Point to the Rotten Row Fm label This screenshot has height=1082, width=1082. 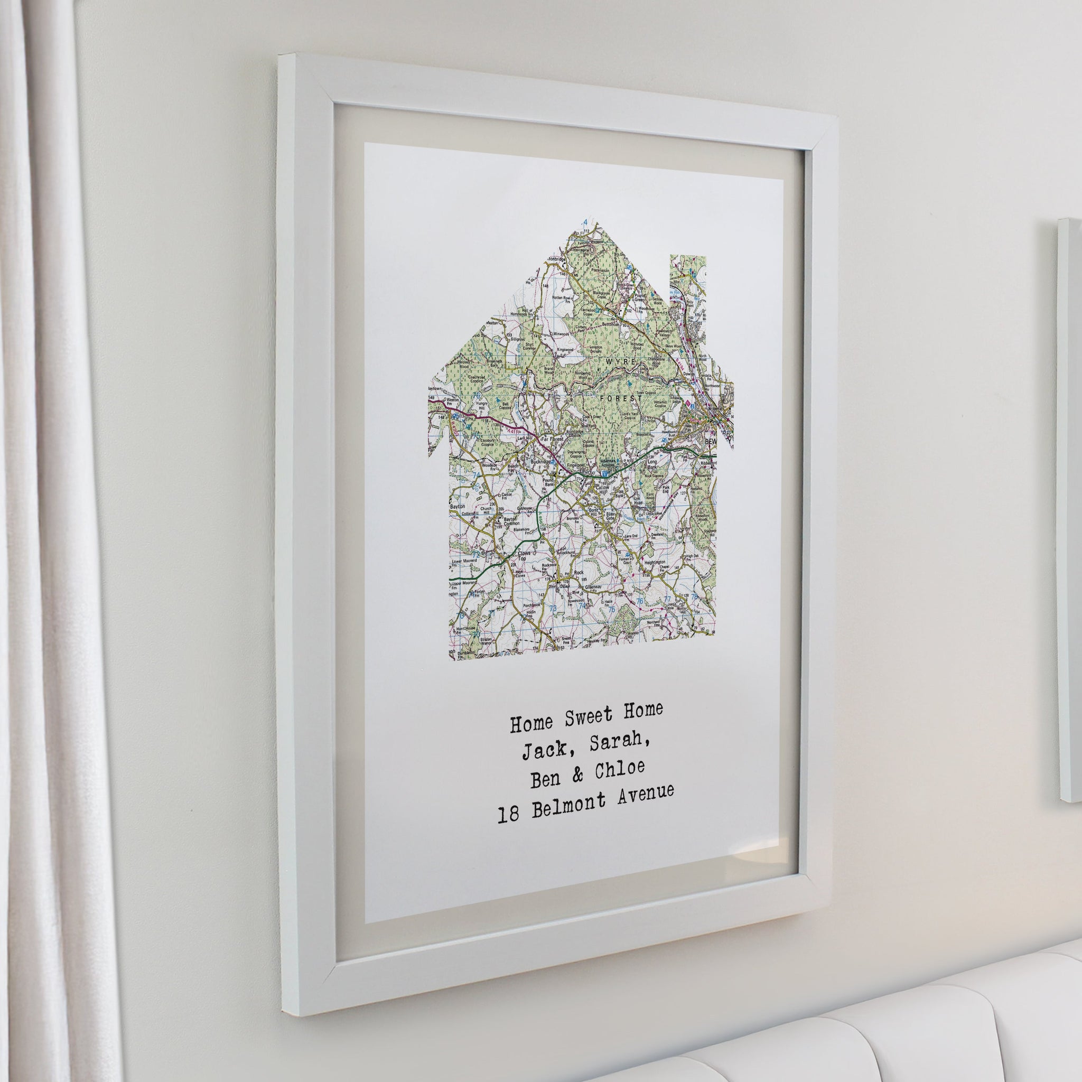pos(561,298)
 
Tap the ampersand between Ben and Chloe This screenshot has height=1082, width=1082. pos(577,775)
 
